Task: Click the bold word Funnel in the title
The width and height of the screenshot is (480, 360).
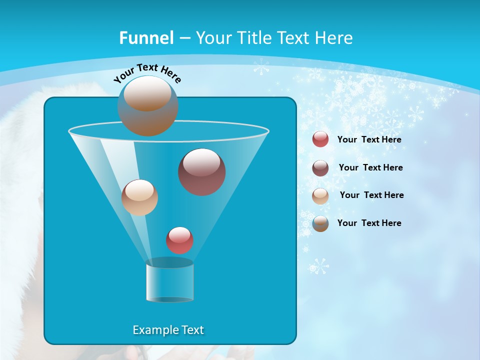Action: [146, 38]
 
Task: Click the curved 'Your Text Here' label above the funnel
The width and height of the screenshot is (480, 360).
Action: [147, 73]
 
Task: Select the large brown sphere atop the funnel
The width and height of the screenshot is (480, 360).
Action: [148, 105]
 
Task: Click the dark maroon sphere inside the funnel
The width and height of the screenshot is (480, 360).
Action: [202, 172]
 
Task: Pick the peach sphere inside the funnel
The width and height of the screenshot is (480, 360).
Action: [139, 197]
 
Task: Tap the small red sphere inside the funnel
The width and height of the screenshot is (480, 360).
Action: [180, 240]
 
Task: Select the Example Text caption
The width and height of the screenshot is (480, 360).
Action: [168, 330]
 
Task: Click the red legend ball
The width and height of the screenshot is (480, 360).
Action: [320, 139]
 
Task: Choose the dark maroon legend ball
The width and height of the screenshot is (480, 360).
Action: [320, 168]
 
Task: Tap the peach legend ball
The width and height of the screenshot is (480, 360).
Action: [320, 195]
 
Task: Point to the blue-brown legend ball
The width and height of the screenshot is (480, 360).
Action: [320, 223]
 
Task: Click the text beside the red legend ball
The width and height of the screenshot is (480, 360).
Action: [369, 140]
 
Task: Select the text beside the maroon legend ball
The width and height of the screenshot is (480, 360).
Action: [370, 168]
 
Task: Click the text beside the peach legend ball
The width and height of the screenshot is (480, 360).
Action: [371, 195]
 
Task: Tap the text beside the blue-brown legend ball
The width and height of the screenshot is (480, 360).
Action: [369, 223]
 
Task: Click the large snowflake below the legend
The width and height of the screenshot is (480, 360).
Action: [318, 266]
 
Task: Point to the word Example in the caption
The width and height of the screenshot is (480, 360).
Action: [151, 330]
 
